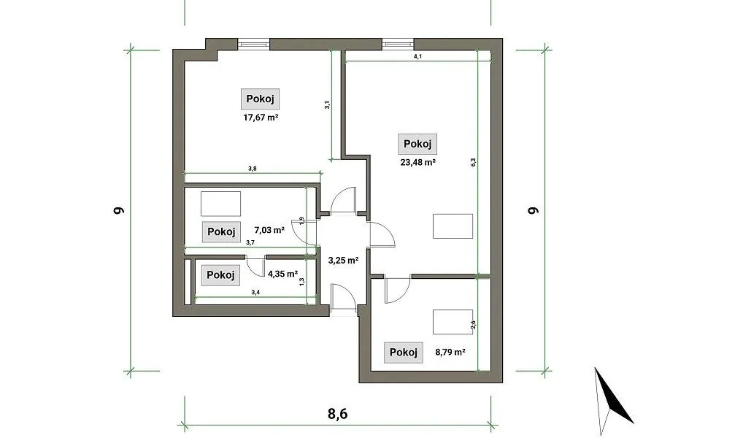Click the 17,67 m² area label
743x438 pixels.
[261, 117]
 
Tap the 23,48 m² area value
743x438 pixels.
[418, 162]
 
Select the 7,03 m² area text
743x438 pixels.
[269, 231]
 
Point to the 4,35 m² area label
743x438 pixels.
[282, 274]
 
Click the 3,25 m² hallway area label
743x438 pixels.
[343, 260]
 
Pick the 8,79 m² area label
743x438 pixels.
[450, 352]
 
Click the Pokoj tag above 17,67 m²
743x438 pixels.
[260, 99]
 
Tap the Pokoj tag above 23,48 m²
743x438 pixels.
[417, 144]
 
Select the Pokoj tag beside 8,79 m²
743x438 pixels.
[403, 352]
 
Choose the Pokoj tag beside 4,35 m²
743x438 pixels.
[221, 275]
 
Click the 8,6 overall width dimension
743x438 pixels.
[337, 414]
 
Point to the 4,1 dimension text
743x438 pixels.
[417, 56]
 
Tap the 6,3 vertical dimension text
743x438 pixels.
[473, 162]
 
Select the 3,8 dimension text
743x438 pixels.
[252, 169]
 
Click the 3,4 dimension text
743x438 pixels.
[255, 292]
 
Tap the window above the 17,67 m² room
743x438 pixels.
[253, 44]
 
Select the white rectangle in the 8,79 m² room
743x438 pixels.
[453, 322]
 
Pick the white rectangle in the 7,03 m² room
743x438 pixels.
[221, 204]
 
